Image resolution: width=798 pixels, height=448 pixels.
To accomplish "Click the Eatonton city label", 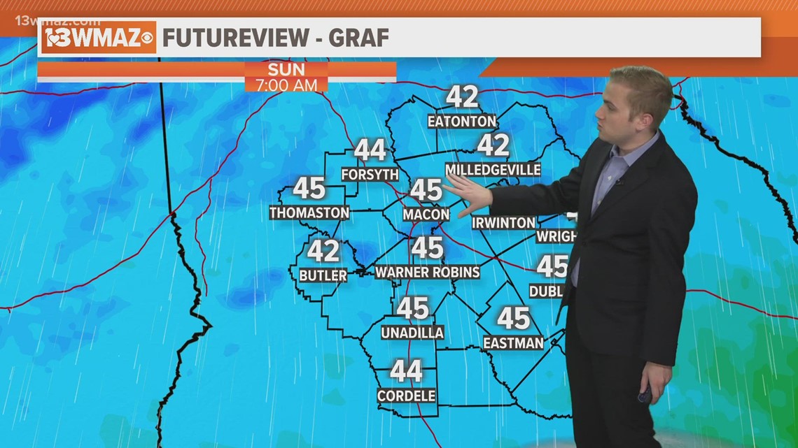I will click(461, 121).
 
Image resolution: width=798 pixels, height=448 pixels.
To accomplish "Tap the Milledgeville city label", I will click(493, 170).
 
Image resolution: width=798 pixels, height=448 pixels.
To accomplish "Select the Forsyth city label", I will click(370, 174).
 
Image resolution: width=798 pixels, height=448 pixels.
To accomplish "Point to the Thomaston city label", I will click(309, 212).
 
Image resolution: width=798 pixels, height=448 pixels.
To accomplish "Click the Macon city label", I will click(426, 214).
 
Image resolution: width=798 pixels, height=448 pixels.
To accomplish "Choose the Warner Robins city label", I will click(427, 272).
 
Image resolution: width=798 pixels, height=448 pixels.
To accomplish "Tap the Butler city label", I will click(323, 275).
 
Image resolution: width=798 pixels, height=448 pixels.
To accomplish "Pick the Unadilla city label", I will click(412, 333).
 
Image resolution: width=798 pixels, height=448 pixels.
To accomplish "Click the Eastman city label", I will click(513, 342).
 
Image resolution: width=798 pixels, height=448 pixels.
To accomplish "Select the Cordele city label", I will click(406, 396).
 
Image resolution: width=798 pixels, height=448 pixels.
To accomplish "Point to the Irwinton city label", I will click(503, 223).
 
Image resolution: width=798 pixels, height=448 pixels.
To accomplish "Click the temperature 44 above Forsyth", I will click(370, 150).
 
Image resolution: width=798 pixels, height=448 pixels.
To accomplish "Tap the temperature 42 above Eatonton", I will click(462, 97).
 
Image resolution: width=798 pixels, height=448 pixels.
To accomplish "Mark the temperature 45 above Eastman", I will click(513, 319).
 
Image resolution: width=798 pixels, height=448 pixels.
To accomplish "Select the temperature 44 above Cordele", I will click(406, 371).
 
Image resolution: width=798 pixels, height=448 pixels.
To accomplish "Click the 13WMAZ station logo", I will click(98, 38).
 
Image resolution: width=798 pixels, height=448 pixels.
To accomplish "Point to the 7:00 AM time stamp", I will click(286, 85).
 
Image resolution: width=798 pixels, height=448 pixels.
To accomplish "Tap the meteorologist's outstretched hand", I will click(468, 194).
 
